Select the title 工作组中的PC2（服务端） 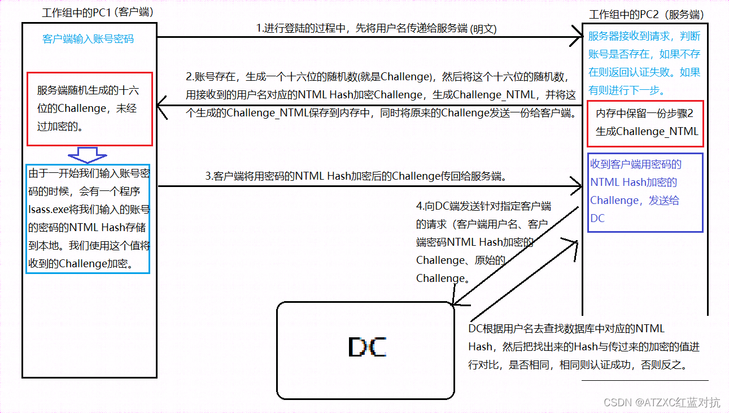(x=654, y=15)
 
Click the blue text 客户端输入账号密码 (x=88, y=39)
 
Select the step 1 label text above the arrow (x=377, y=28)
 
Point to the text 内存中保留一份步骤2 (x=644, y=114)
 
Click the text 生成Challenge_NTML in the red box (x=647, y=132)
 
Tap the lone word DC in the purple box (x=597, y=218)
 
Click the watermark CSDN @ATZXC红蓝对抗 (x=662, y=402)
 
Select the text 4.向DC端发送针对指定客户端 (x=483, y=206)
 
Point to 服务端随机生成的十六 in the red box (x=88, y=90)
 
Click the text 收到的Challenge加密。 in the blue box (x=80, y=263)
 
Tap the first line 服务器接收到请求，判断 (x=644, y=37)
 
